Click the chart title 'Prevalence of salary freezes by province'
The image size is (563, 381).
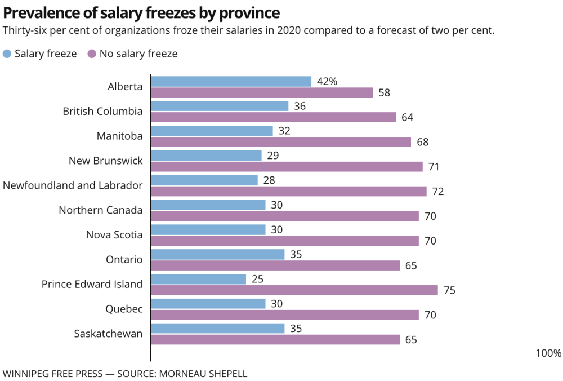pyautogui.click(x=141, y=12)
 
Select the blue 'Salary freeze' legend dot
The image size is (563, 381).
pyautogui.click(x=7, y=54)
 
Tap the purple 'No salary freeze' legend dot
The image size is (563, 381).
pyautogui.click(x=92, y=54)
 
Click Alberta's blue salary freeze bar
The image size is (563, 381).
pyautogui.click(x=231, y=82)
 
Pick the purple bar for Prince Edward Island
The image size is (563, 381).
pyautogui.click(x=294, y=290)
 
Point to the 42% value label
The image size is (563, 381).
pyautogui.click(x=327, y=82)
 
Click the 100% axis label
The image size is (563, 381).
pyautogui.click(x=548, y=353)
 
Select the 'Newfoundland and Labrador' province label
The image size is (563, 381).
pyautogui.click(x=73, y=185)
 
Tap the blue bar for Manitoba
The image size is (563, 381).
pyautogui.click(x=212, y=131)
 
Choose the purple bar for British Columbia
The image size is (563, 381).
pyautogui.click(x=274, y=117)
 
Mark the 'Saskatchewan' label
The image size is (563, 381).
pyautogui.click(x=108, y=334)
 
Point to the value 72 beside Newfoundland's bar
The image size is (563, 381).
pyautogui.click(x=438, y=192)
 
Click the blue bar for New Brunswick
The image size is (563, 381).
pyautogui.click(x=206, y=156)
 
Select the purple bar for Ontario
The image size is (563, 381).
pyautogui.click(x=275, y=265)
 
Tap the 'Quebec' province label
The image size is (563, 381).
pyautogui.click(x=124, y=309)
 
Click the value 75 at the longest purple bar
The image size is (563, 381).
pyautogui.click(x=449, y=291)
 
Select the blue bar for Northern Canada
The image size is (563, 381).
pyautogui.click(x=208, y=205)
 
